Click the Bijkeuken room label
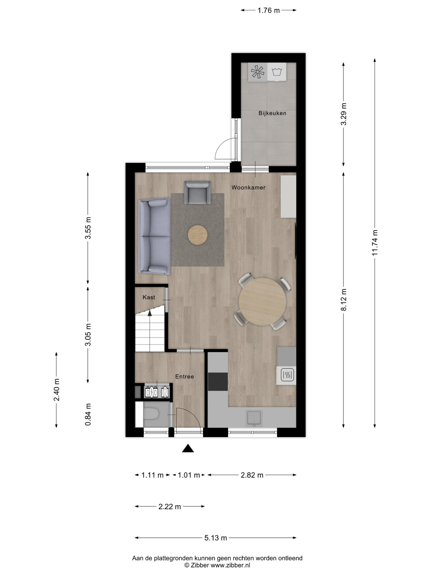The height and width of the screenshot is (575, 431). tap(272, 113)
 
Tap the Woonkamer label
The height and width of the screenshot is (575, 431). tap(248, 187)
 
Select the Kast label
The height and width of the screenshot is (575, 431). tap(149, 297)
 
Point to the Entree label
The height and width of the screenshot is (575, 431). tap(185, 376)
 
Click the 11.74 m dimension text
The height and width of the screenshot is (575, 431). tap(375, 243)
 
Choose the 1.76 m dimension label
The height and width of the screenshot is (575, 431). tap(269, 10)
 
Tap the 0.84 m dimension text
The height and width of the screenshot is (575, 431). tap(88, 414)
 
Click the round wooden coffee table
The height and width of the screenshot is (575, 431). tap(198, 235)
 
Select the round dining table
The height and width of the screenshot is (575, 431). tap(262, 301)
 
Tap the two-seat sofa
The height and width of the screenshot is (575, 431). tap(154, 236)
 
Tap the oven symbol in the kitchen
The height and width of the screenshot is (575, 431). tap(288, 375)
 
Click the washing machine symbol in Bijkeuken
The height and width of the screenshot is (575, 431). tap(277, 71)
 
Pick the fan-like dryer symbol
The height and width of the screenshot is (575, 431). tap(258, 72)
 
